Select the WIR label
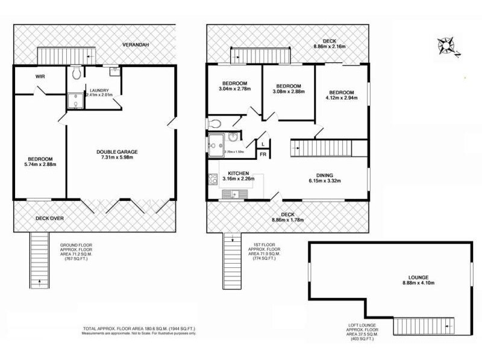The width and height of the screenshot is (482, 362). pyautogui.click(x=40, y=77)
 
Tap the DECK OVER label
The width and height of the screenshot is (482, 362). pyautogui.click(x=49, y=218)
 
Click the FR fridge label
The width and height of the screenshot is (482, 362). pyautogui.click(x=263, y=155)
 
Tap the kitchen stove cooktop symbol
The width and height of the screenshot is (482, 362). pyautogui.click(x=213, y=179)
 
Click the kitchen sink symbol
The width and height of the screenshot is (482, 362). pyautogui.click(x=230, y=194)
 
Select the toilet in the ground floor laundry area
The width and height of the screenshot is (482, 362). pyautogui.click(x=76, y=74)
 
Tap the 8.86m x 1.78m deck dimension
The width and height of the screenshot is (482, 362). pyautogui.click(x=287, y=220)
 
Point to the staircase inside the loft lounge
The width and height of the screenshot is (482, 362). pyautogui.click(x=424, y=326)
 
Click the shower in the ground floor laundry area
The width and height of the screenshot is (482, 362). pyautogui.click(x=76, y=100)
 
